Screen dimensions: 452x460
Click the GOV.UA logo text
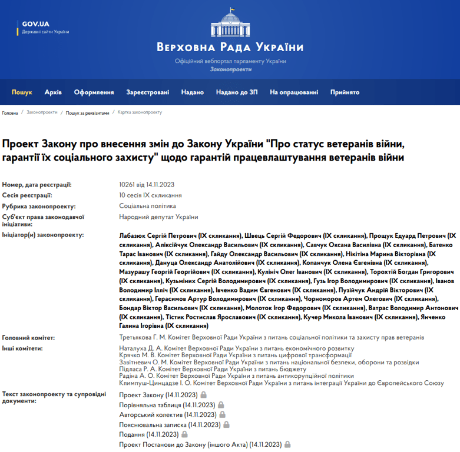pyautogui.click(x=35, y=24)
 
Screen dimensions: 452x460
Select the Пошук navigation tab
pyautogui.click(x=22, y=92)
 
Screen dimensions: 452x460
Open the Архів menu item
pyautogui.click(x=53, y=92)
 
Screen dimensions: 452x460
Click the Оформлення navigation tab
pyautogui.click(x=94, y=92)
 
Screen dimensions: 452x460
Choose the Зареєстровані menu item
pyautogui.click(x=147, y=92)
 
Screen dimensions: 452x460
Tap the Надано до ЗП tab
pyautogui.click(x=237, y=92)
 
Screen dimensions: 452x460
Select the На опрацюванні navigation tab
pyautogui.click(x=294, y=92)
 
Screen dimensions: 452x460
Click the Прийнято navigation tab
pyautogui.click(x=345, y=92)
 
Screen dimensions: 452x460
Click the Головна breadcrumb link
pyautogui.click(x=10, y=112)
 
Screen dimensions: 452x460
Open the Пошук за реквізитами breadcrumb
pyautogui.click(x=87, y=112)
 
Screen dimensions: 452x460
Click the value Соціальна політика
pyautogui.click(x=147, y=206)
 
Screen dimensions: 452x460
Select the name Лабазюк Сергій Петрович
pyautogui.click(x=157, y=234)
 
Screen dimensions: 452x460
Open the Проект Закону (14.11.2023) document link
pyautogui.click(x=158, y=394)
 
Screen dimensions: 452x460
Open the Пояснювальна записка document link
pyautogui.click(x=170, y=424)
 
